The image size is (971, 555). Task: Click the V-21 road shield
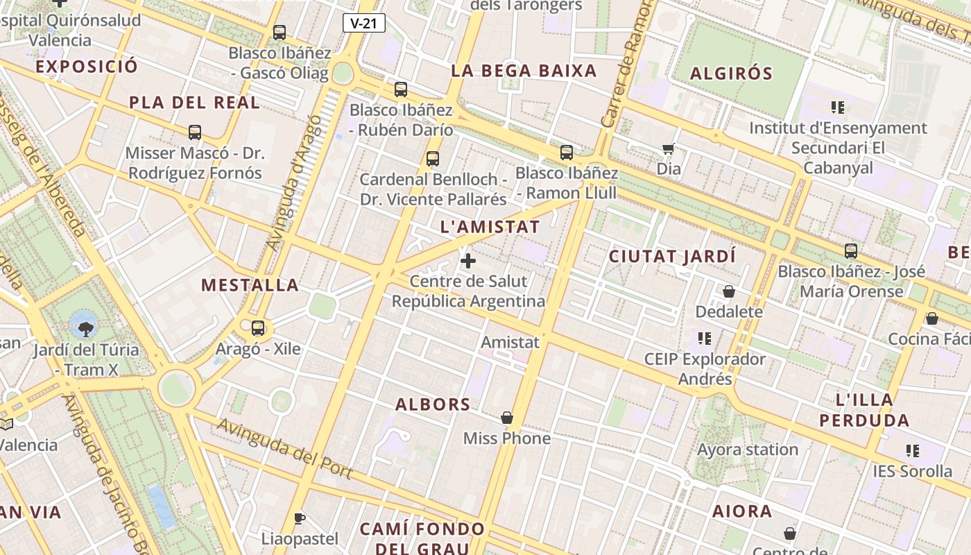tap(363, 23)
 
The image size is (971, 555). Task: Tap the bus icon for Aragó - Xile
tap(258, 327)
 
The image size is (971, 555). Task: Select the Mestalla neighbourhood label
tap(250, 284)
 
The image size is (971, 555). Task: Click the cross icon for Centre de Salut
tap(468, 261)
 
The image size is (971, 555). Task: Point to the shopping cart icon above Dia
tap(669, 148)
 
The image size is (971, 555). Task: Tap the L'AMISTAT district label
tap(490, 227)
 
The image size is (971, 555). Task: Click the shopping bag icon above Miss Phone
tap(507, 418)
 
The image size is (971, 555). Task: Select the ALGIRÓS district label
tap(731, 73)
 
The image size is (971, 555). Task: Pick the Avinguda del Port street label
tap(285, 448)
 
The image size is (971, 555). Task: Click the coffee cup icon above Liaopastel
tap(300, 518)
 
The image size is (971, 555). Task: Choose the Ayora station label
tap(748, 450)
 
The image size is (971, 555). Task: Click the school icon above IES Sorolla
tap(913, 451)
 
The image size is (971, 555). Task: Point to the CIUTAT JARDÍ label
tap(671, 256)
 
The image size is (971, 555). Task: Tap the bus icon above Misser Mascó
tap(195, 132)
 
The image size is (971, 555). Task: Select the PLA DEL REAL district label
tap(194, 103)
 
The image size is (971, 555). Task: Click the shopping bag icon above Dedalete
tap(729, 291)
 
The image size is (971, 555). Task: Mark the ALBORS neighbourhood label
tap(433, 404)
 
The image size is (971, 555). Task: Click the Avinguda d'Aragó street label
tap(295, 182)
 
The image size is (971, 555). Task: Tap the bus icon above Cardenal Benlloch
tap(433, 159)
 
